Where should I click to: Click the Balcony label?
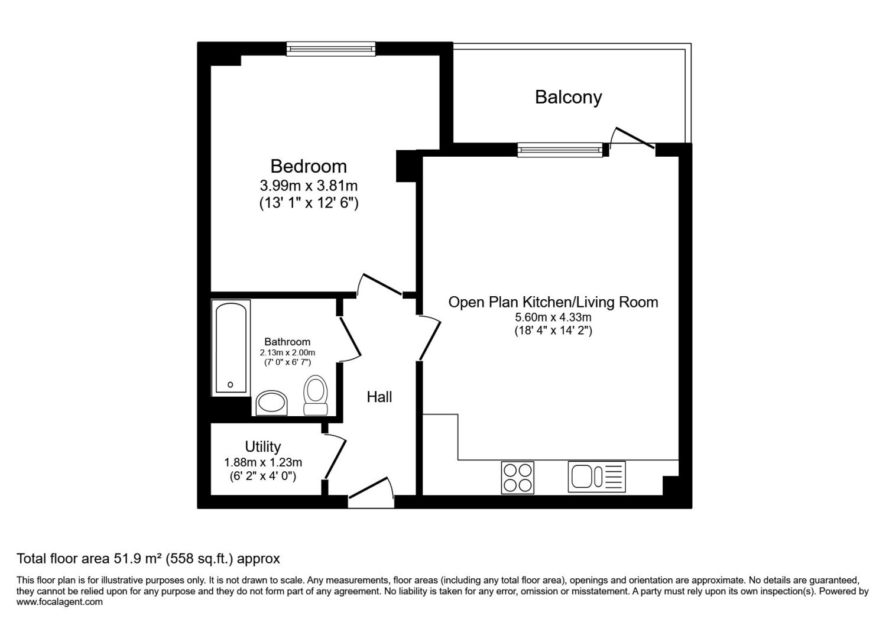click(x=568, y=97)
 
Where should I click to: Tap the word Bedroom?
click(x=309, y=166)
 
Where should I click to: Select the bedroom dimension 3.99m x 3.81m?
click(x=309, y=186)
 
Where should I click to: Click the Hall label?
click(x=379, y=397)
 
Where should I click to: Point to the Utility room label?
click(x=262, y=447)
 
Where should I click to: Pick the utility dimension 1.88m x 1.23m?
click(x=263, y=462)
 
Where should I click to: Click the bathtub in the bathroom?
click(x=231, y=348)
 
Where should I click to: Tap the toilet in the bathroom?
click(x=316, y=396)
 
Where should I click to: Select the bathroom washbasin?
click(x=271, y=403)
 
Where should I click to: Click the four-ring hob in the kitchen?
click(x=518, y=478)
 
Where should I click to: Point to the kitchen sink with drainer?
click(x=596, y=477)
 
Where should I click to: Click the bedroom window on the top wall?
click(x=330, y=49)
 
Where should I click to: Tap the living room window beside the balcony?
click(x=560, y=150)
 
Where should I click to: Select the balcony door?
click(x=632, y=138)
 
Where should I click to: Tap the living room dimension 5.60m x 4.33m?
click(x=553, y=318)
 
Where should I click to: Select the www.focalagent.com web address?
click(x=60, y=602)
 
